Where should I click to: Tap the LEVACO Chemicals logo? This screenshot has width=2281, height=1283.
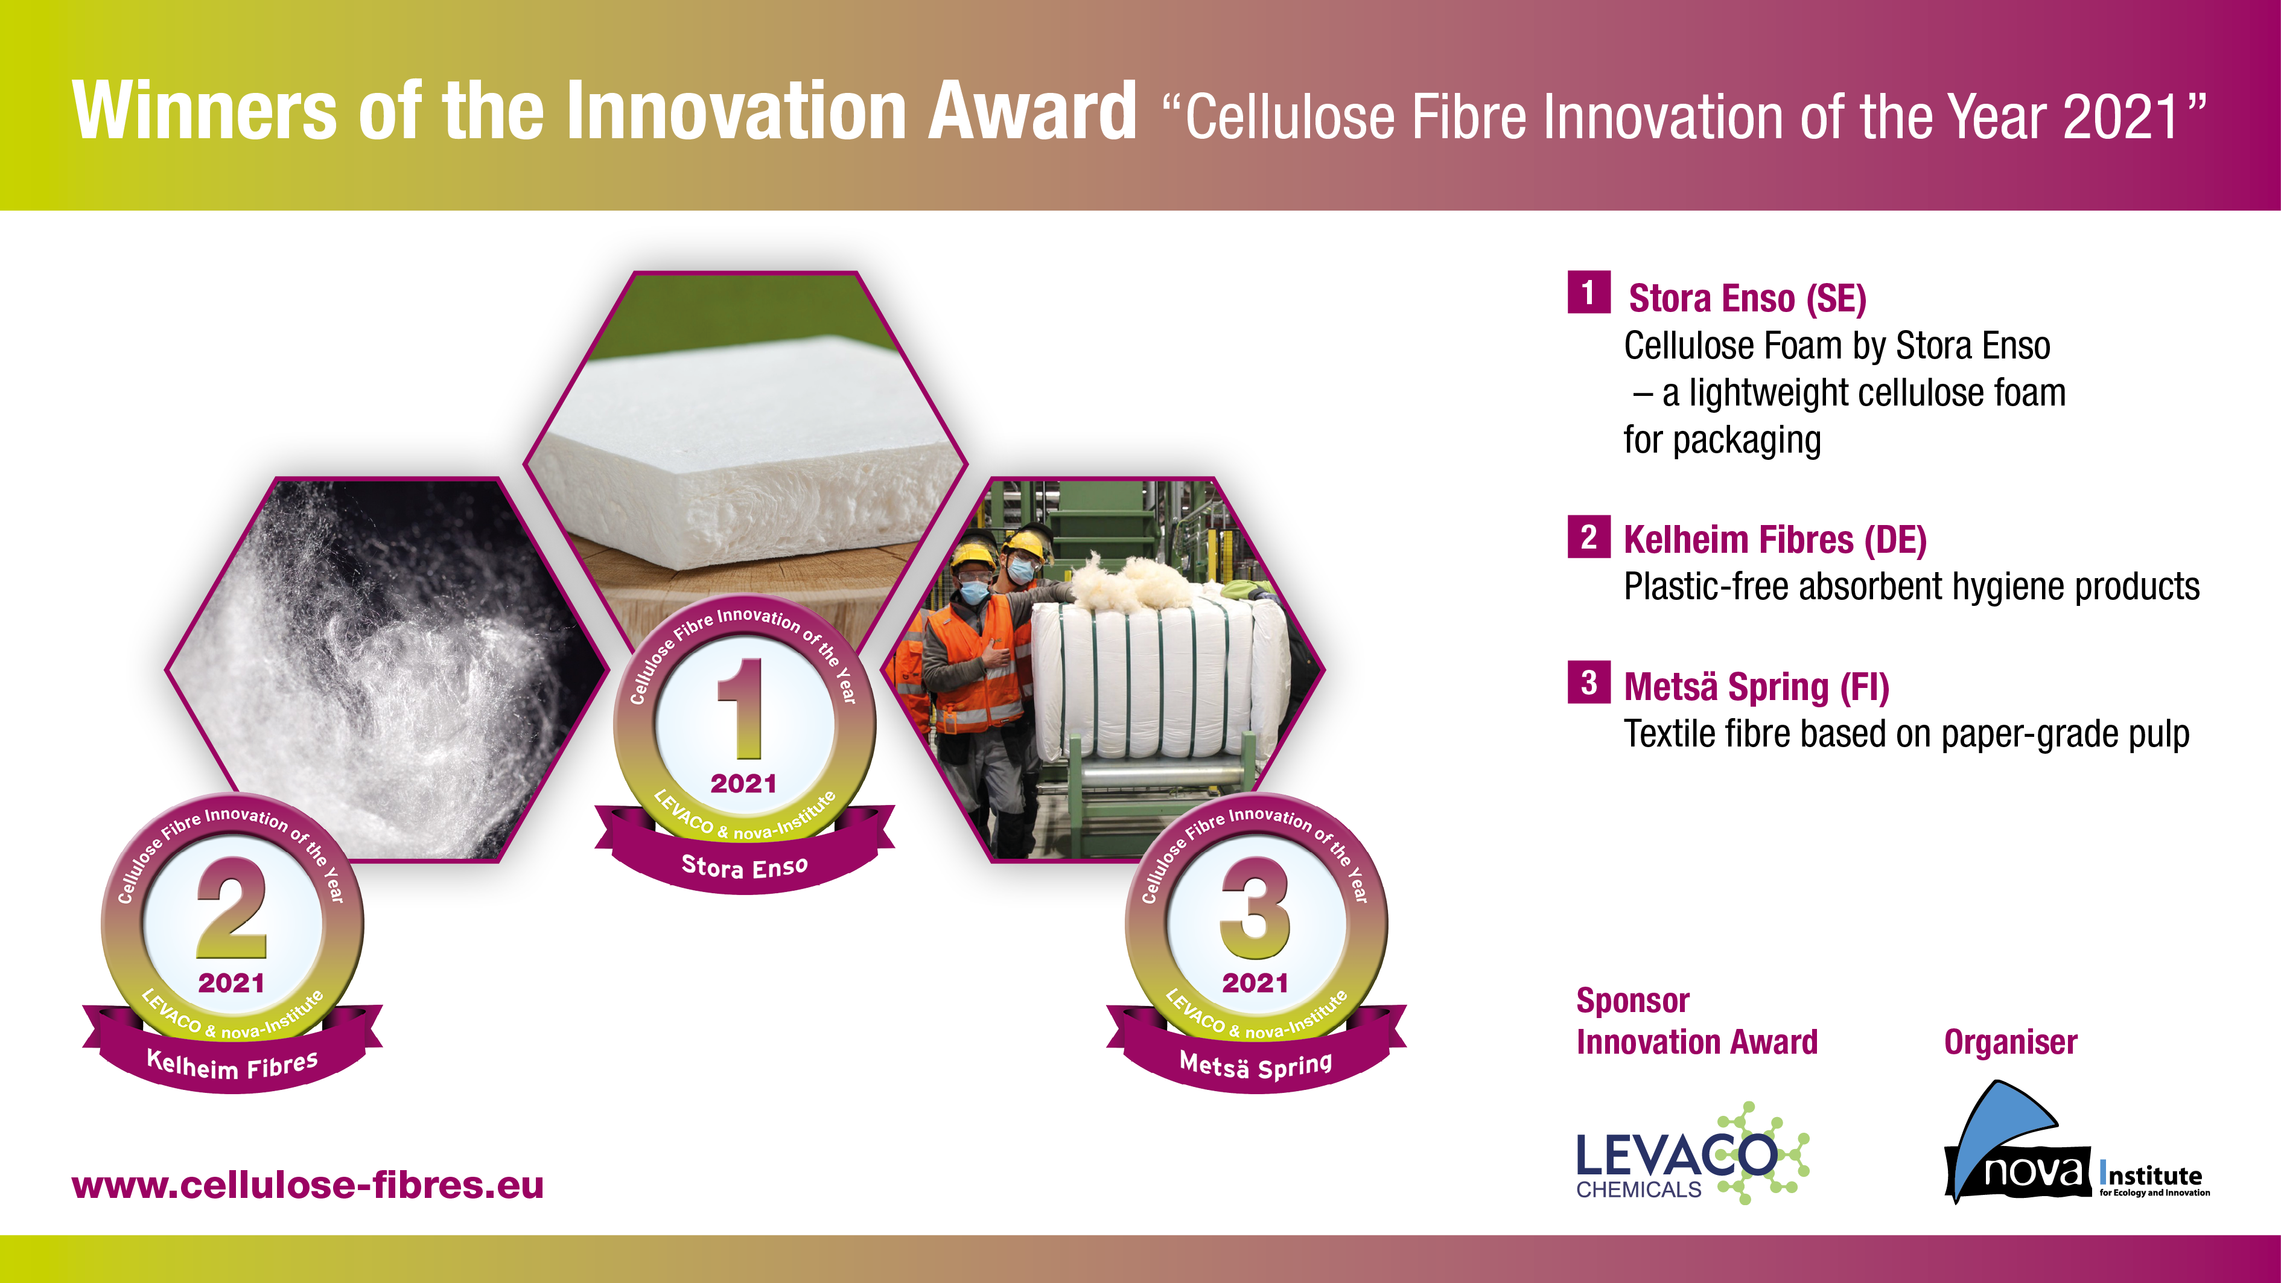point(1692,1154)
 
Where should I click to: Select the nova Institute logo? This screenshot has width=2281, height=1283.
point(2076,1142)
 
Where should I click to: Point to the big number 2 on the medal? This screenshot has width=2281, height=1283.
point(231,908)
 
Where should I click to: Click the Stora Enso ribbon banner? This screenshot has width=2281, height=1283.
point(744,850)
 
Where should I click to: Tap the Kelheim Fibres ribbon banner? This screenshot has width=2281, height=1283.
point(232,1049)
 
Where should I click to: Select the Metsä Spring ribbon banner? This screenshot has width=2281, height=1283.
point(1256,1049)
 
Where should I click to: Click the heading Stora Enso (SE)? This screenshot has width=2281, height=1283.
point(1747,298)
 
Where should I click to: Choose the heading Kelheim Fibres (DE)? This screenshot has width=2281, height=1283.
point(1775,540)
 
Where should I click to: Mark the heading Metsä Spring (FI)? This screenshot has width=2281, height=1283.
point(1756,687)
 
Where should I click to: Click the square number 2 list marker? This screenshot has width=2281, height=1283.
point(1588,536)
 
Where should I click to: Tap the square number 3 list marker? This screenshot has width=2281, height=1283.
point(1588,683)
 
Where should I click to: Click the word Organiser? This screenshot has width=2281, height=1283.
point(2010,1042)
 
